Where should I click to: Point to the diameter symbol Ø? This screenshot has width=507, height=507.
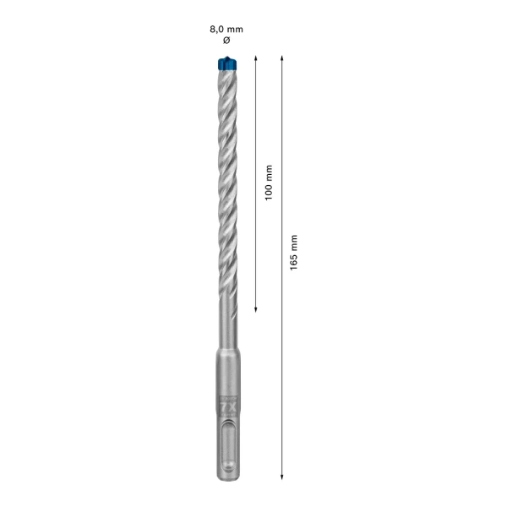tap(226, 41)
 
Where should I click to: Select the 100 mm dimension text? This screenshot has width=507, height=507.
tap(269, 182)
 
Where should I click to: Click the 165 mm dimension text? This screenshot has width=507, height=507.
tap(294, 251)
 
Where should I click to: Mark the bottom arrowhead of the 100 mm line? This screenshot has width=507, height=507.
tap(256, 308)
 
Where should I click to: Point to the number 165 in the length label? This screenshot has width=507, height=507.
tap(294, 259)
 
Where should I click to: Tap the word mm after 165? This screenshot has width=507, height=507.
tap(294, 241)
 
